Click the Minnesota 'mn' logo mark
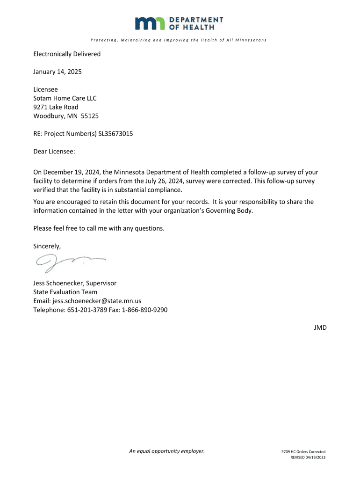click(x=150, y=23)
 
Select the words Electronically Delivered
click(x=67, y=54)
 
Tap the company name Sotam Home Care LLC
click(x=65, y=98)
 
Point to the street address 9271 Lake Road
click(x=56, y=107)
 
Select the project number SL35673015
click(x=115, y=134)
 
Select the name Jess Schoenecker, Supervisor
click(x=75, y=283)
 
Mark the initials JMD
click(x=320, y=328)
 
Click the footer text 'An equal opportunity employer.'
click(x=167, y=451)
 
